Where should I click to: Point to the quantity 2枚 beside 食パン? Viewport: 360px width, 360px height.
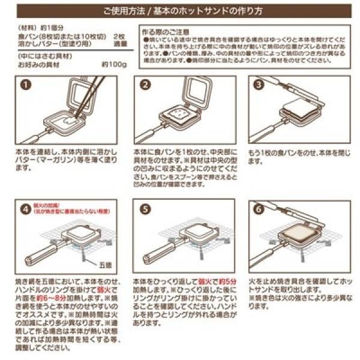point(120,37)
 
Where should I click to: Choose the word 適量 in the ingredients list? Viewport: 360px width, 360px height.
point(120,44)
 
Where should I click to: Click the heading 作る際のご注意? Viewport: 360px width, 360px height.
point(164,29)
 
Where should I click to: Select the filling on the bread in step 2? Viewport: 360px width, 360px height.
point(178,112)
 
